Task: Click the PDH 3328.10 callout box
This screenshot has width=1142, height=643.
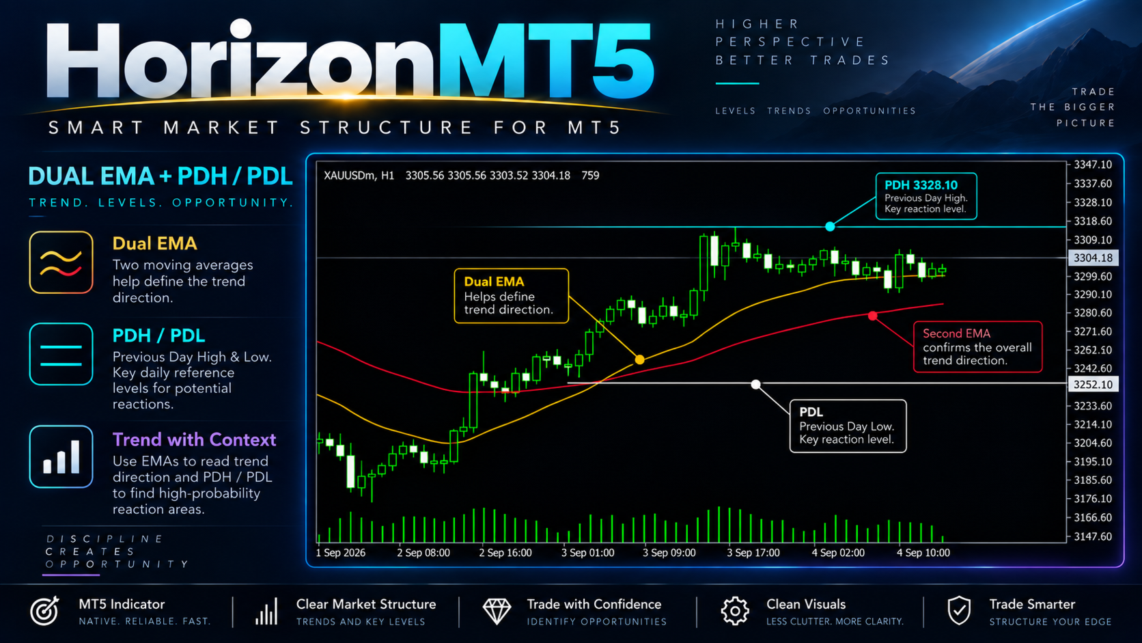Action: pos(926,196)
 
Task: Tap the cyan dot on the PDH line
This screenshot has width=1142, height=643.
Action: pos(830,226)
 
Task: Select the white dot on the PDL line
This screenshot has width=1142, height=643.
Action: pos(755,384)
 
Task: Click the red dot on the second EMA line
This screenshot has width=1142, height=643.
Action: pos(873,316)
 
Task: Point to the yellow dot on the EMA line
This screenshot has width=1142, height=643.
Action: pos(639,360)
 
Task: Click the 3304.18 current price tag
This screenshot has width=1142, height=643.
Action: pos(1093,258)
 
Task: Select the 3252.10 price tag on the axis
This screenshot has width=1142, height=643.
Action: pos(1093,385)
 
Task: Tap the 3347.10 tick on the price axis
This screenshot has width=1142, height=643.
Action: pos(1093,165)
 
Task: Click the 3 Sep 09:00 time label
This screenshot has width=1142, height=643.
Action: pos(669,553)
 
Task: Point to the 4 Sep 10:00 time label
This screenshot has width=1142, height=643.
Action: pos(923,553)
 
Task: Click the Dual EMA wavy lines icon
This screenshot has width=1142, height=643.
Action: pos(61,262)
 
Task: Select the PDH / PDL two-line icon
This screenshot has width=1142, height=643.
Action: pos(61,354)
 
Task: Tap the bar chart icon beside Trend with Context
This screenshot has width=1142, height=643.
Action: pos(61,456)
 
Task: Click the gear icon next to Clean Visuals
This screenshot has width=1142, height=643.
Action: pos(735,610)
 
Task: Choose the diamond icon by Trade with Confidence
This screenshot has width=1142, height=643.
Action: pos(497,611)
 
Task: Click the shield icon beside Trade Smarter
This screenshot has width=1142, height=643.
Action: pos(959,610)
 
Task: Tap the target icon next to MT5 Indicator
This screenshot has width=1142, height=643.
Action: pos(45,610)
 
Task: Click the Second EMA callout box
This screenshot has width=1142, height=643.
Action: pos(977,346)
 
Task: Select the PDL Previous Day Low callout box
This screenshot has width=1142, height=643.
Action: pos(848,426)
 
